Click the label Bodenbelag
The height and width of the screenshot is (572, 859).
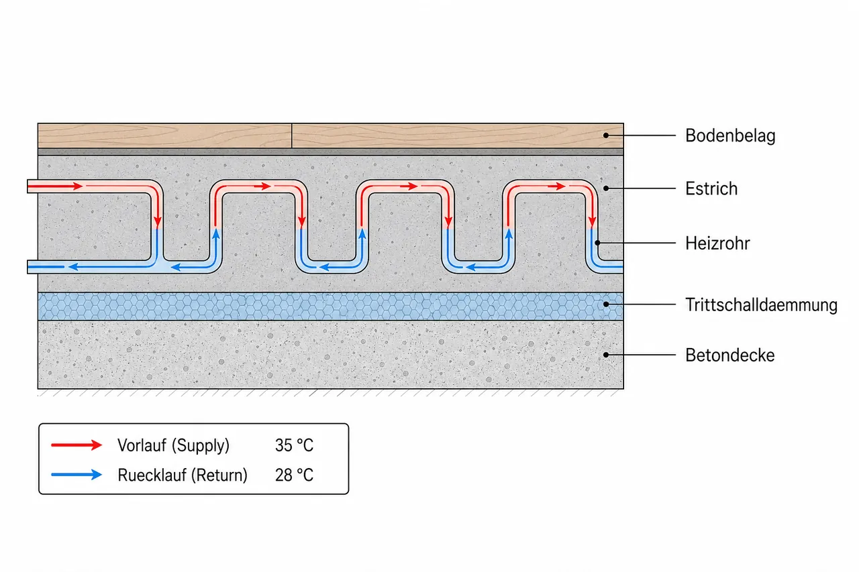(730, 135)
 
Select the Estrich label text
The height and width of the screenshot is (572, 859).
(711, 188)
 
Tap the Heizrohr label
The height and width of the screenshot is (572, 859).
(717, 243)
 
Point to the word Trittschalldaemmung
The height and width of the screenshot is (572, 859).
(761, 305)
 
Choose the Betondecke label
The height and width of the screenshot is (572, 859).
(729, 355)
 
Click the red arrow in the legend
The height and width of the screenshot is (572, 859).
(77, 445)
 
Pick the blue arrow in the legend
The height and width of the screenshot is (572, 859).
(77, 475)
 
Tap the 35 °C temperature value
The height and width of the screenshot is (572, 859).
(294, 445)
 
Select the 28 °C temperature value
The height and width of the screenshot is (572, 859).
(294, 475)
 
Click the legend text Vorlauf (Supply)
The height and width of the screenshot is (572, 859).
(173, 445)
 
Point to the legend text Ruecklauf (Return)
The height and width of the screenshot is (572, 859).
(183, 475)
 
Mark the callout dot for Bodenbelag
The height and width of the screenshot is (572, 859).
(606, 135)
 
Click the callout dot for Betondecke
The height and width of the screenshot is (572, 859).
(606, 355)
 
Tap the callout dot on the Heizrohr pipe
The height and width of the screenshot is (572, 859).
(597, 243)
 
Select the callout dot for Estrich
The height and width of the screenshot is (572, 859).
(606, 188)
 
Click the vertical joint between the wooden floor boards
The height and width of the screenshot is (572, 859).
(292, 135)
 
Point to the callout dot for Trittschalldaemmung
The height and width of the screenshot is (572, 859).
(606, 304)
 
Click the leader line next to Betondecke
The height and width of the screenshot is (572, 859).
(641, 355)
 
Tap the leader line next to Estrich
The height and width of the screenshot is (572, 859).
(641, 188)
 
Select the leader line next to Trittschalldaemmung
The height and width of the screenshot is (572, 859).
(641, 304)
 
